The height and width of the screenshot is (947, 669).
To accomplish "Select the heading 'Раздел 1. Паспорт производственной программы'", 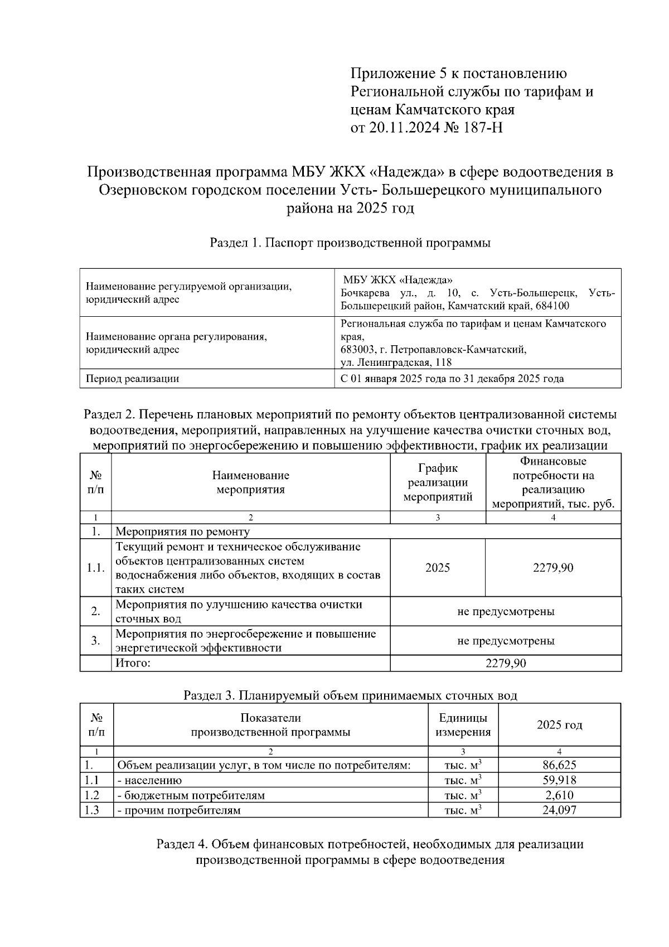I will [350, 243].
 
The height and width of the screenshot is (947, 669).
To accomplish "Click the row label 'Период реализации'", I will [132, 379].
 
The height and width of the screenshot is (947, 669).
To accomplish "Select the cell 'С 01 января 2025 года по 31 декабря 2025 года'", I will [452, 379].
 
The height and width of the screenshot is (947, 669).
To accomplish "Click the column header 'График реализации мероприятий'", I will [438, 482].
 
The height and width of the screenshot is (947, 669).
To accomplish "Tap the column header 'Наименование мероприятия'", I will [250, 482].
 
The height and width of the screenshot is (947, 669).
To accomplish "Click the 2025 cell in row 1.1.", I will [438, 568].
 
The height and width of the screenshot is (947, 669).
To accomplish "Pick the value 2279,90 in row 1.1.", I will [553, 568].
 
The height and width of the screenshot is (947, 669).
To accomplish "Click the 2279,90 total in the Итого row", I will [506, 663].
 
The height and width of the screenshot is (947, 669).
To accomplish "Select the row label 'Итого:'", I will [133, 663].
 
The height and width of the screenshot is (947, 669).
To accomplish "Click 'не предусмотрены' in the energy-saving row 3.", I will [506, 641].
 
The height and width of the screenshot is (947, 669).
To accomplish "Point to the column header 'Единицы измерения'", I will [463, 725].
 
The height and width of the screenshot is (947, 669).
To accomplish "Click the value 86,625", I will [559, 765].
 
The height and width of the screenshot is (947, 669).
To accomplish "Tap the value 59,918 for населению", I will [559, 780].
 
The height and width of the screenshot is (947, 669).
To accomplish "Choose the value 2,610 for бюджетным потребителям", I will [559, 795].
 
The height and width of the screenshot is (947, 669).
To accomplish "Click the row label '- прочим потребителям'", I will [179, 810].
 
